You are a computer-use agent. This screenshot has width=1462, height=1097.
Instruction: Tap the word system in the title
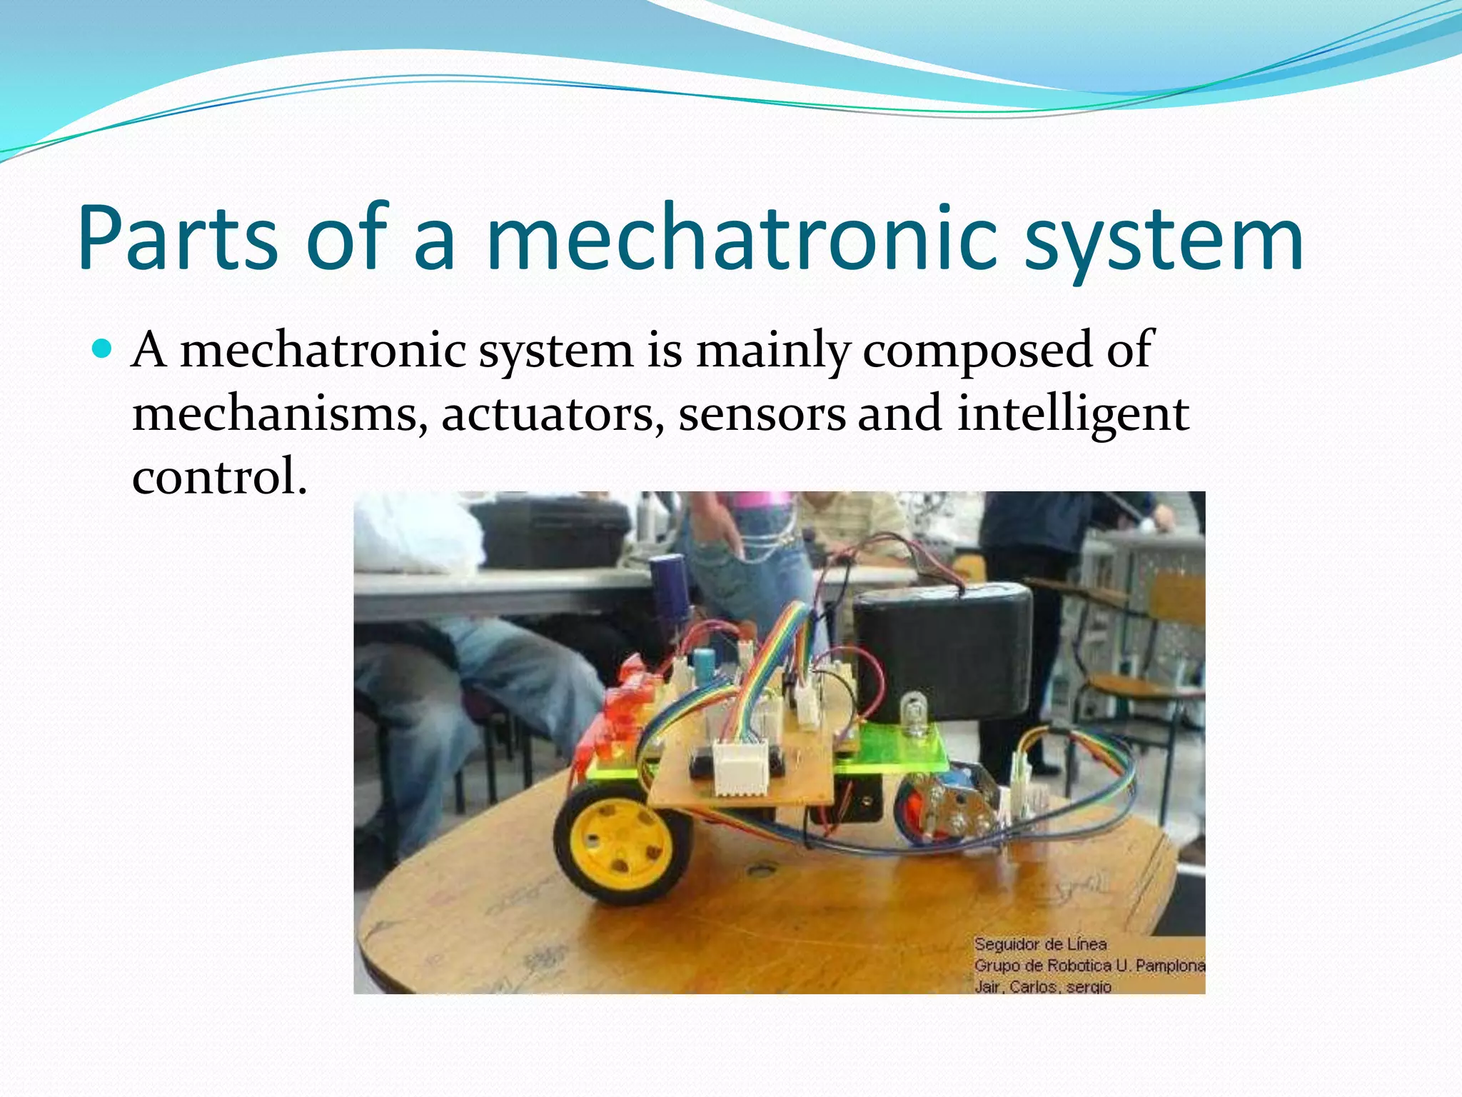click(1164, 239)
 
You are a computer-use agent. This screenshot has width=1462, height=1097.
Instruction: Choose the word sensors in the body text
click(761, 414)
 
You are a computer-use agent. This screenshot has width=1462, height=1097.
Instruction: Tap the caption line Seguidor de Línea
click(1040, 944)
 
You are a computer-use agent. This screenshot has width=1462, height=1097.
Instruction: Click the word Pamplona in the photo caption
click(1169, 966)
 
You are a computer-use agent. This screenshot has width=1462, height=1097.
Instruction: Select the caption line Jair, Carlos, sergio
click(1042, 986)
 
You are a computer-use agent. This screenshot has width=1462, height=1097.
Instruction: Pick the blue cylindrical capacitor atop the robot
click(669, 586)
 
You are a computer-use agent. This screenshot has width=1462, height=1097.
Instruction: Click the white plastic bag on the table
click(418, 532)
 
